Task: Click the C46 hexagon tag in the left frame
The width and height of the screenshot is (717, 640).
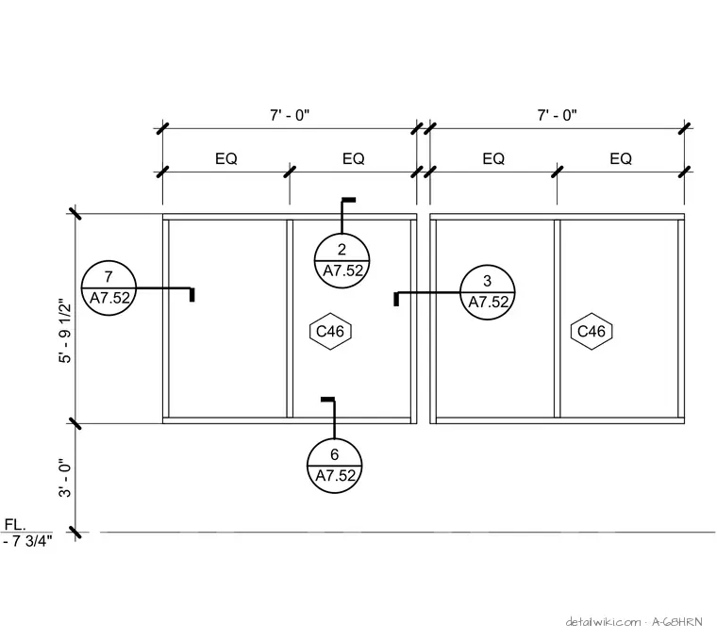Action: pos(330,331)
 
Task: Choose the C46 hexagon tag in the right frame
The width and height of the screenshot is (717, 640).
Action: pos(592,331)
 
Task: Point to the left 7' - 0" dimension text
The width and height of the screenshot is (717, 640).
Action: pos(290,115)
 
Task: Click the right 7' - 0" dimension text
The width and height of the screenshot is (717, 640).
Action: pos(557,115)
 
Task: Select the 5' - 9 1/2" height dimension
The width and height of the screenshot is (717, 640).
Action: pos(65,331)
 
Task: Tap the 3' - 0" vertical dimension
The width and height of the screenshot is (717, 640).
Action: pos(65,478)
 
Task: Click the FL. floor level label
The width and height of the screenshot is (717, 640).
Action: pos(15,524)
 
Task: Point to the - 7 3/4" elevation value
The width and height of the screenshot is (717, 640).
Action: pos(27,541)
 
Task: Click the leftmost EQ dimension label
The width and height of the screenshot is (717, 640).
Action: pos(226,158)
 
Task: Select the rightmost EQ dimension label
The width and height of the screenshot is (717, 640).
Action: pos(621,158)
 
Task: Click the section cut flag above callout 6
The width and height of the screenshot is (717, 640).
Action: pos(328,400)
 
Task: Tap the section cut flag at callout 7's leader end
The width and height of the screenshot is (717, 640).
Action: pos(192,295)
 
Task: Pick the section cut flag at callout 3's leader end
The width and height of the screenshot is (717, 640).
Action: pos(396,299)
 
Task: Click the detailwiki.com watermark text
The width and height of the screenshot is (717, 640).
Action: pos(603,622)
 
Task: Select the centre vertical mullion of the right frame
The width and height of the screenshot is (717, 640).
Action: pos(557,319)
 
